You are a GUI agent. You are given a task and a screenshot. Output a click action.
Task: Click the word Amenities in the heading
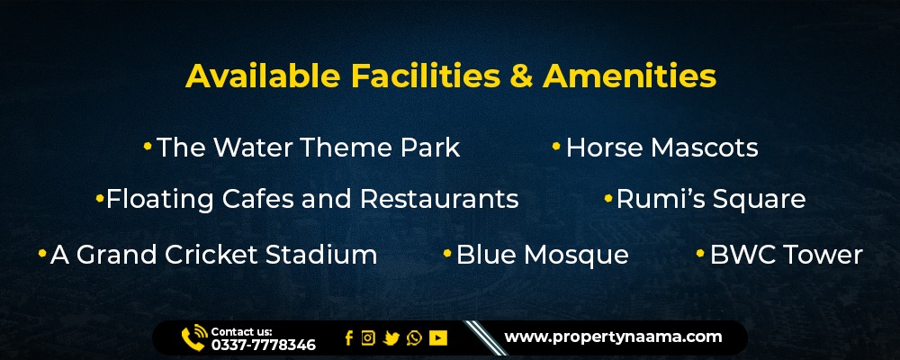click(629, 76)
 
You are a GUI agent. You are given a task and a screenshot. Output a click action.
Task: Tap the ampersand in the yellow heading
click(521, 76)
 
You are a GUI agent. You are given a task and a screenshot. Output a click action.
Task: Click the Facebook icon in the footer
click(349, 338)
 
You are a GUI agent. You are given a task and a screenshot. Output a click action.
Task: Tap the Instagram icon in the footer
click(368, 338)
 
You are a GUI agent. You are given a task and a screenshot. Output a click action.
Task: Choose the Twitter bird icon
click(391, 338)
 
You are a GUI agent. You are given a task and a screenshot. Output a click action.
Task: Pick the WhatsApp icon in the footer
click(414, 338)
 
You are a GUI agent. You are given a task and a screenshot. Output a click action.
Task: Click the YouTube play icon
click(438, 338)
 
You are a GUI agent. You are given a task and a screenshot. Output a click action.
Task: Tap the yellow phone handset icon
click(193, 338)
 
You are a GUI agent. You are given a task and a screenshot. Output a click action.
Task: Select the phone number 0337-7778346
click(264, 345)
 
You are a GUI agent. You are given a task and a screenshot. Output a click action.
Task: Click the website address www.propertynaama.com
click(613, 337)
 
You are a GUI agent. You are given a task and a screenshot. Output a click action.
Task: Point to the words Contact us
click(241, 331)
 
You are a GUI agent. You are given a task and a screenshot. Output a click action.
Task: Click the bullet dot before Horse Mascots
click(556, 147)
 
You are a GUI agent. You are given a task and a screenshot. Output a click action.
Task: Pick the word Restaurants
click(439, 199)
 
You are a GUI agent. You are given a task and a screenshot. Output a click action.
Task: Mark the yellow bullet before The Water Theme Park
click(148, 147)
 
